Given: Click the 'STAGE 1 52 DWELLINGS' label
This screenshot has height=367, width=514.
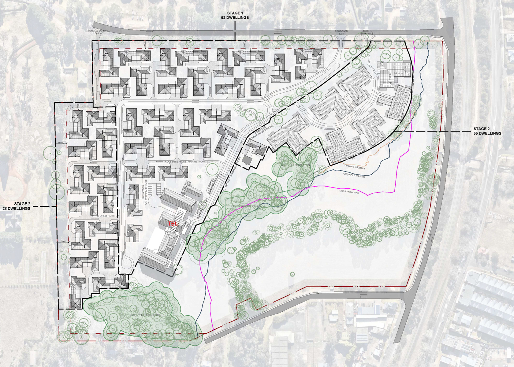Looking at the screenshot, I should (235, 15).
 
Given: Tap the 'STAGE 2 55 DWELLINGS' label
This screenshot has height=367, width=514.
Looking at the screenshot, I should (487, 131).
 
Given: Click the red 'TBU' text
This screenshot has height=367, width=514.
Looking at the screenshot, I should (173, 224).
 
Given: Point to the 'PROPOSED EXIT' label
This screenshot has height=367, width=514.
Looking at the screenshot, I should (341, 32).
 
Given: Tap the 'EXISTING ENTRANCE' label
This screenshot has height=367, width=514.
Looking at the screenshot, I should (367, 32).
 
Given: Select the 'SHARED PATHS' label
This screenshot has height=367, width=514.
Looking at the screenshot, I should (106, 216).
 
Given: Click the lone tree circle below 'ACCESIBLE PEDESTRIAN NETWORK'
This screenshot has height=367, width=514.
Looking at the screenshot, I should (211, 169).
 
